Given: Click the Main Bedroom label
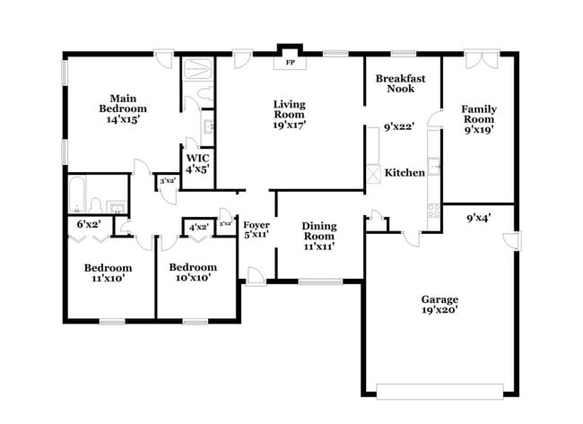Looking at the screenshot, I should pyautogui.click(x=122, y=108).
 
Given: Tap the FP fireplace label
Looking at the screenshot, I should pyautogui.click(x=290, y=64).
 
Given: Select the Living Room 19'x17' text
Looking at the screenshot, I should pyautogui.click(x=289, y=115).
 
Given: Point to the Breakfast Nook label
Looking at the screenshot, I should pyautogui.click(x=400, y=83).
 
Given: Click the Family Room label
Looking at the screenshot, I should pyautogui.click(x=478, y=119).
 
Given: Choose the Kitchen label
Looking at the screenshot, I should pyautogui.click(x=405, y=172).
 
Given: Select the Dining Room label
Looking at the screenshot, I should pyautogui.click(x=318, y=236).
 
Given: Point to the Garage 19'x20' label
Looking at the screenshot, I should pyautogui.click(x=439, y=305).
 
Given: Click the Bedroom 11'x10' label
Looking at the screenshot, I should pyautogui.click(x=108, y=273).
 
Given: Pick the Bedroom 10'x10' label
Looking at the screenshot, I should pyautogui.click(x=193, y=273).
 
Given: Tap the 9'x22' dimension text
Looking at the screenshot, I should pyautogui.click(x=399, y=127).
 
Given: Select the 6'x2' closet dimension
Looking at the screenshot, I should pyautogui.click(x=87, y=223).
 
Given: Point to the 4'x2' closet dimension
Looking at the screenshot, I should pyautogui.click(x=197, y=227).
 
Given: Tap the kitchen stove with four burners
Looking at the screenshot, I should pyautogui.click(x=435, y=212).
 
